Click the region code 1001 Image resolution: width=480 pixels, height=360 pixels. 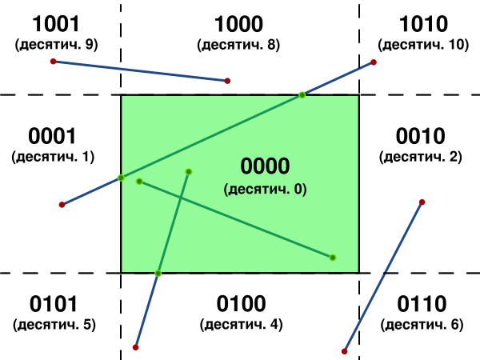(56, 24)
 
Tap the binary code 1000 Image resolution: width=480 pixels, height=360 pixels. (238, 24)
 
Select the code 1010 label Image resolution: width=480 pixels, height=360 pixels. (423, 24)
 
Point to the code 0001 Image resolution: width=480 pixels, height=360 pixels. (52, 136)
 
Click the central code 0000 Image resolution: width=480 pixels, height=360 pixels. (265, 166)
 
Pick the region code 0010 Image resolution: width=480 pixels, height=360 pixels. (420, 136)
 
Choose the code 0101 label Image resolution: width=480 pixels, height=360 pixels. (54, 304)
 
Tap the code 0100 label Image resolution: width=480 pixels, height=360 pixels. (241, 304)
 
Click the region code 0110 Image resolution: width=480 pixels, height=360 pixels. (422, 304)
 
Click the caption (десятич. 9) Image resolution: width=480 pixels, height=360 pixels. (56, 45)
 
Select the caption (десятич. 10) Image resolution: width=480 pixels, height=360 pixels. (423, 45)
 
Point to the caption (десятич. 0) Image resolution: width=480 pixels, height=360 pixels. (265, 189)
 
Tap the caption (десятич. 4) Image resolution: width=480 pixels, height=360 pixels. (242, 325)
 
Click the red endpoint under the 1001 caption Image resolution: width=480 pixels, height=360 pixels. (54, 62)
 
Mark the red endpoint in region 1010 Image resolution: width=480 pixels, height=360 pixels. (374, 62)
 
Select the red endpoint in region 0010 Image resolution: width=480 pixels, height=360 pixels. (422, 202)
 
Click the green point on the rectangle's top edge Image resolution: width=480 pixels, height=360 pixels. (302, 95)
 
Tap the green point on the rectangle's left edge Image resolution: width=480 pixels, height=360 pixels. (121, 178)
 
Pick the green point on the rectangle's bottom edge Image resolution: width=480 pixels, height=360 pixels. (158, 274)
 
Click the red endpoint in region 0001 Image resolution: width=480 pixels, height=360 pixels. (62, 205)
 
